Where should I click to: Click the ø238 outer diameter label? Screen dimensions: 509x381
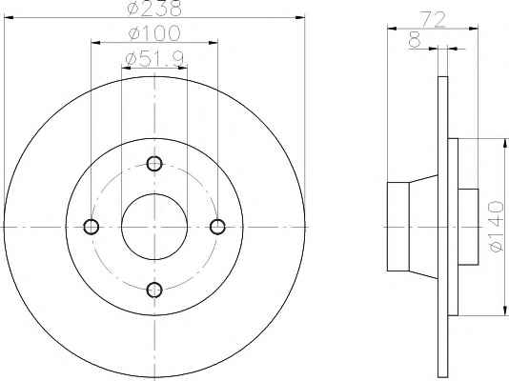[x=154, y=8]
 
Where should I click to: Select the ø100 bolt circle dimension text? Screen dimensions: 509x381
[x=154, y=33]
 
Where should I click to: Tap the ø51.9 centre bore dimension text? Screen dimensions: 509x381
[x=154, y=58]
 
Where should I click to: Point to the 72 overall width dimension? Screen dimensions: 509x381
[x=433, y=19]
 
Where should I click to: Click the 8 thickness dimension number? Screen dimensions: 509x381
[x=415, y=40]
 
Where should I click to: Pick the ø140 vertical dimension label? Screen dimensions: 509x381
[x=497, y=227]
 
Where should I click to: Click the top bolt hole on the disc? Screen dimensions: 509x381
[x=154, y=164]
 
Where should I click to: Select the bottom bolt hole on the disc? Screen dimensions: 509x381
[x=154, y=290]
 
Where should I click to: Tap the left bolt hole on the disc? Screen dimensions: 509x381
[x=92, y=227]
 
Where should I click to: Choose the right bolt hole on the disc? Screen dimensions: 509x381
[x=217, y=227]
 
